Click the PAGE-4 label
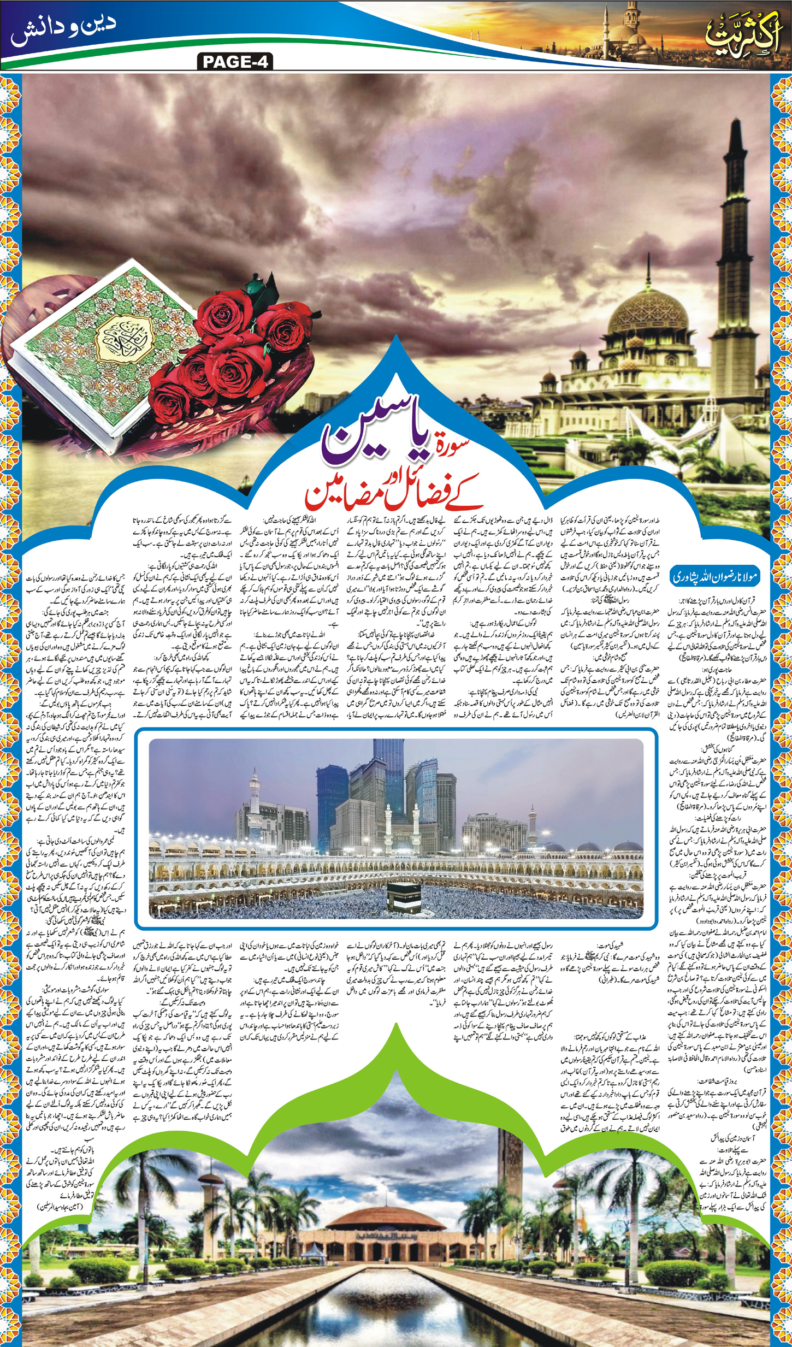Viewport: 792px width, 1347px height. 235,62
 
